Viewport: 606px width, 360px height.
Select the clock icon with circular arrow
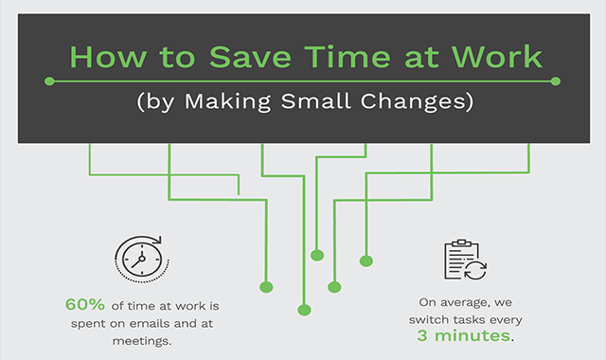138,257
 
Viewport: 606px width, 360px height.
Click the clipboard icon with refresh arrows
464,260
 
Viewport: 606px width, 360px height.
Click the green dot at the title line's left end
50,81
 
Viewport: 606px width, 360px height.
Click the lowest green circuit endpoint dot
303,309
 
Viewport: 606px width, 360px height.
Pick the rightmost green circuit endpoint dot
365,260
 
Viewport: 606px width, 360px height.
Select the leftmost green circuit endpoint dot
265,285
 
